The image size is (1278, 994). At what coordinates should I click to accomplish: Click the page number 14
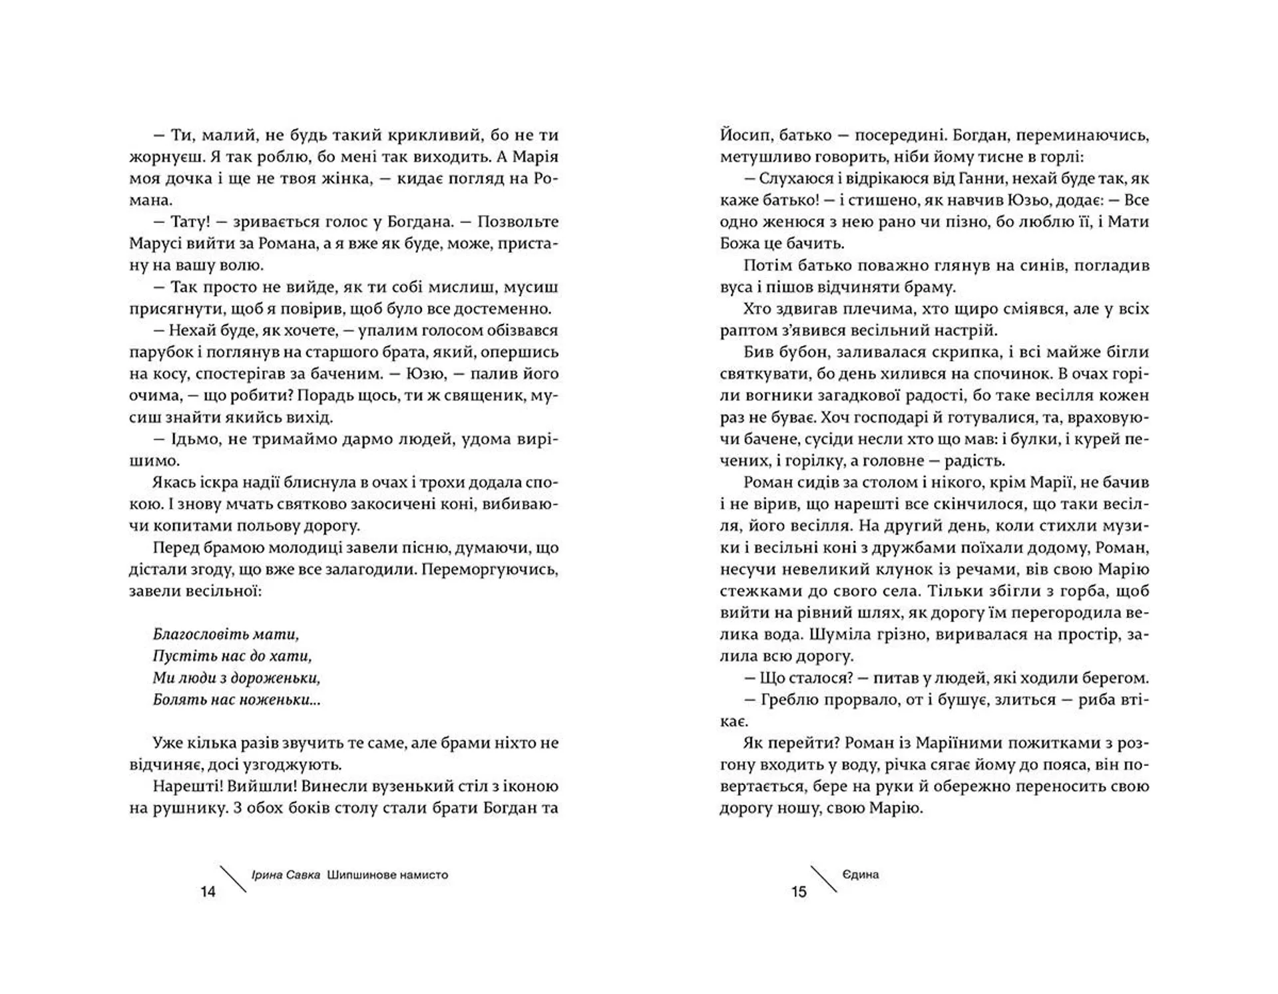(208, 892)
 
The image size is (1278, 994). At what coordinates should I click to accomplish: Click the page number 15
(799, 892)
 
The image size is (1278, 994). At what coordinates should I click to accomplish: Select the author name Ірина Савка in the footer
(286, 875)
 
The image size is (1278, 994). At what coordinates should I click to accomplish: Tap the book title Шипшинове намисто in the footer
(387, 875)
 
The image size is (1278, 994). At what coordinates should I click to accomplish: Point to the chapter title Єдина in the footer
(861, 875)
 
